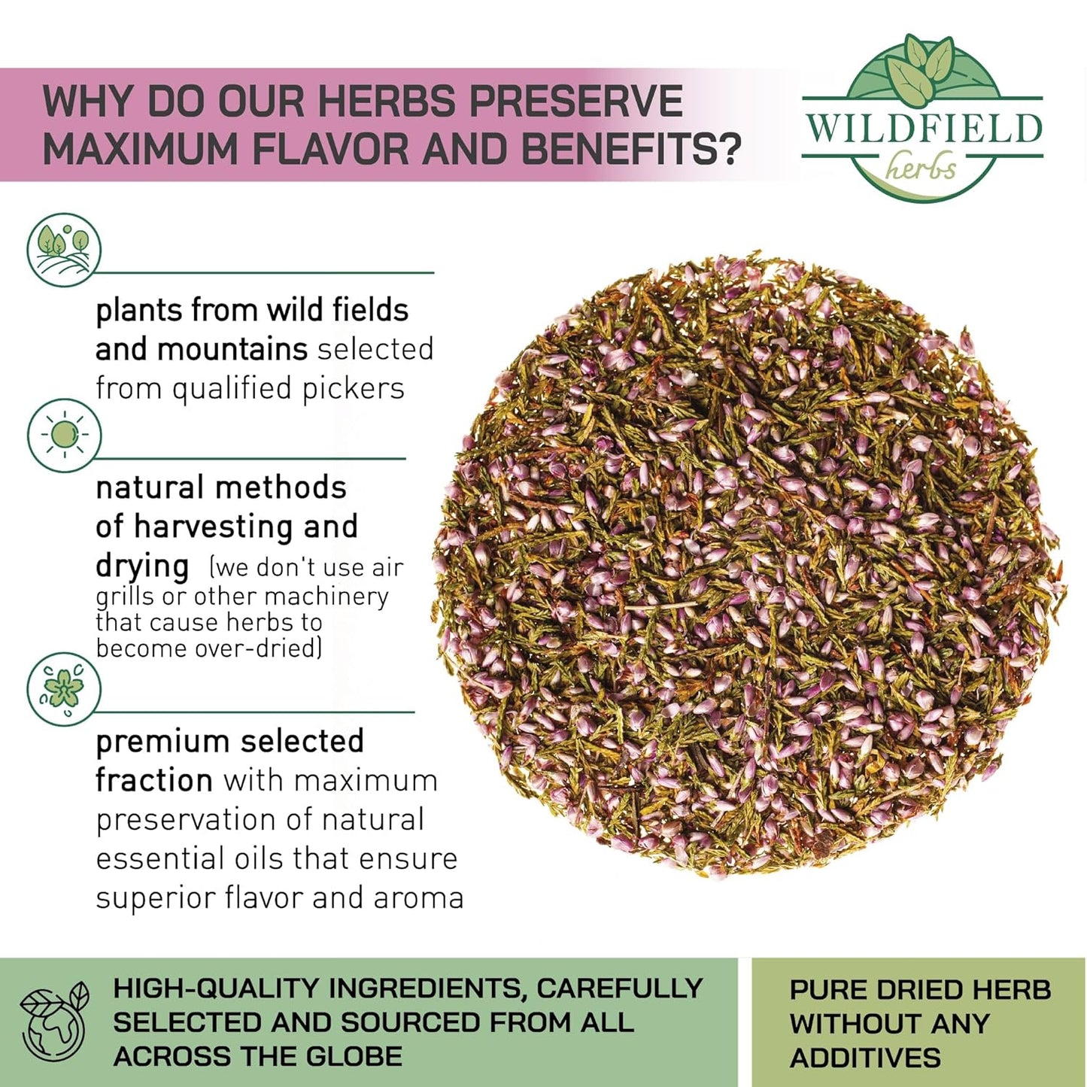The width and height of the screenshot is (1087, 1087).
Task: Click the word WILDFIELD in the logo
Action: point(923,129)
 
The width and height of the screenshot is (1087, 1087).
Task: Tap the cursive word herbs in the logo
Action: point(921,167)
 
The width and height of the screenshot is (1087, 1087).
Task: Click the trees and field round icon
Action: point(64,249)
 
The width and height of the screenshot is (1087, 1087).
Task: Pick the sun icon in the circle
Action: point(64,435)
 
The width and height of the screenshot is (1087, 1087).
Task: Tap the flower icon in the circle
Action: point(64,688)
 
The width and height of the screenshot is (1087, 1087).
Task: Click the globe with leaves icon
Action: point(54,1022)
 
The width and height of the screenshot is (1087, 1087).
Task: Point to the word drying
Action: point(142,566)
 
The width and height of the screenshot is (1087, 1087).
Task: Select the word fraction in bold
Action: point(153,780)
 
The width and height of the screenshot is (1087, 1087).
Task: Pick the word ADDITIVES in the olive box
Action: point(865,1058)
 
